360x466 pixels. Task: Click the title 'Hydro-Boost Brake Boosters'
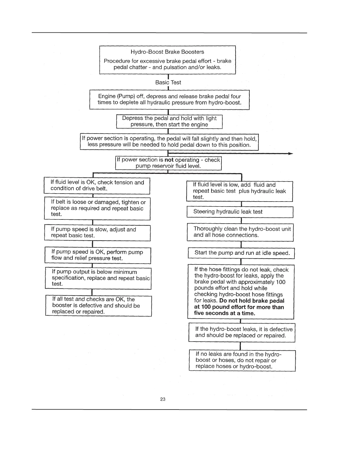point(167,52)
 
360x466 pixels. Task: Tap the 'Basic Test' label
point(168,83)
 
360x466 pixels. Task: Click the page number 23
point(163,399)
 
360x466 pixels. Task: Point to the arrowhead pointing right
point(291,154)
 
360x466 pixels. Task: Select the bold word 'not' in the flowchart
point(169,160)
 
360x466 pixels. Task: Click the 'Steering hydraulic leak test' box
point(240,212)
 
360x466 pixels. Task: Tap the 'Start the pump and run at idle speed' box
point(241,253)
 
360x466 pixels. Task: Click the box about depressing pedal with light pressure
point(169,122)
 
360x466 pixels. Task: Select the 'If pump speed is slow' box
point(97,233)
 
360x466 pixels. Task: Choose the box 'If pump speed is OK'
point(98,255)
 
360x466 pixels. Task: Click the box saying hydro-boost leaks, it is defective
point(241,332)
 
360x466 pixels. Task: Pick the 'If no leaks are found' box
point(242,360)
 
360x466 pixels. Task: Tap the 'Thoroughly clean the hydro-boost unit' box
point(240,232)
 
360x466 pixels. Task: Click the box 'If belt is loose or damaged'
point(97,208)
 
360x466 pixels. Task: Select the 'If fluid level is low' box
point(239,191)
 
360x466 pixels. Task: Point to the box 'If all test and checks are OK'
point(98,306)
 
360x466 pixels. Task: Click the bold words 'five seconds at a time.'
point(224,313)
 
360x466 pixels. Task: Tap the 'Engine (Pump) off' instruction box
point(169,99)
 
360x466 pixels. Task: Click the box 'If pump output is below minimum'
point(98,278)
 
